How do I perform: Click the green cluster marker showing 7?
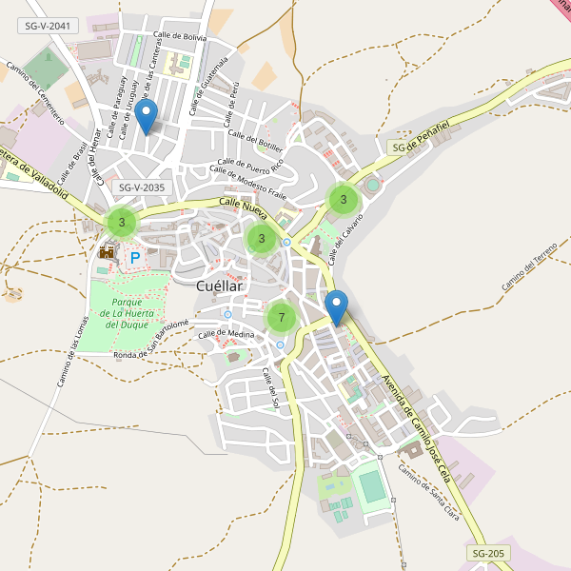(x=281, y=317)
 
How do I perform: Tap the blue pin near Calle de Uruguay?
(x=146, y=117)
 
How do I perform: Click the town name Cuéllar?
(x=220, y=285)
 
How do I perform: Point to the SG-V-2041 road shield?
(x=48, y=27)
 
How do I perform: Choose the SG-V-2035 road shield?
(x=139, y=187)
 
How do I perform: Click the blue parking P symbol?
(x=135, y=257)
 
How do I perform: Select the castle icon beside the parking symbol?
(x=107, y=252)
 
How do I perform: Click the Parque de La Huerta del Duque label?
(x=127, y=312)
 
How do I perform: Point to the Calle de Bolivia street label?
(x=181, y=37)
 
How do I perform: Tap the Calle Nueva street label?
(x=244, y=204)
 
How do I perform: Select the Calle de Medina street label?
(x=226, y=334)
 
